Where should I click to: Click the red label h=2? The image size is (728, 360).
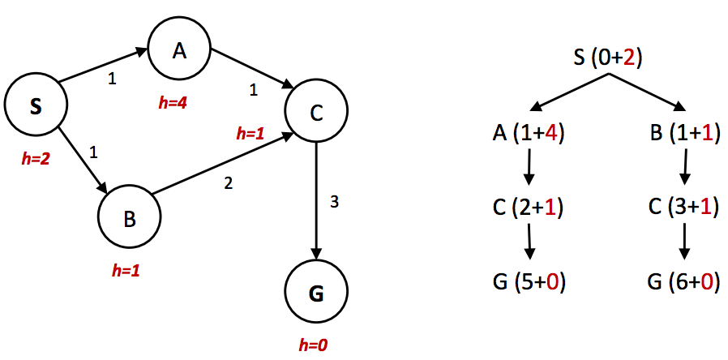click(x=36, y=159)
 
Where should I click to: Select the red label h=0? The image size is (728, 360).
click(x=313, y=345)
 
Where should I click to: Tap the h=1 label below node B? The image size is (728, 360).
click(x=126, y=270)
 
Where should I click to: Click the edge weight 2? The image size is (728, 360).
click(x=228, y=183)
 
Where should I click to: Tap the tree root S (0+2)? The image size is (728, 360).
click(x=609, y=58)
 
